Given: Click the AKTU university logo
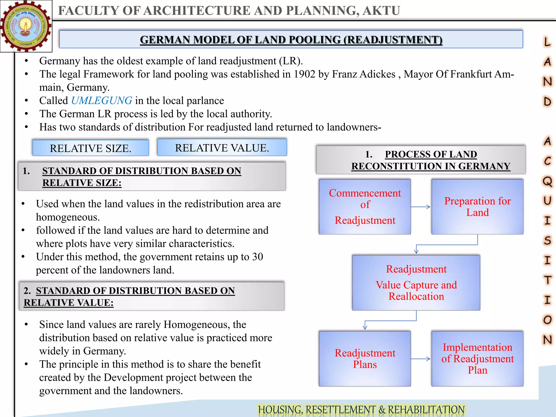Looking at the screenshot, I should coord(26,26).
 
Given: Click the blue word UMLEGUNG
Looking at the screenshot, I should coord(102,101).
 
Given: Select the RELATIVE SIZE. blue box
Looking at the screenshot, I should coord(90,148).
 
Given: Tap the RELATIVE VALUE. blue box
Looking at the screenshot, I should coord(222,147).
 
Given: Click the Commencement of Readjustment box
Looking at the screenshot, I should coord(365,207).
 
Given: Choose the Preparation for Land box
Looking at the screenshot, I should coord(477,207).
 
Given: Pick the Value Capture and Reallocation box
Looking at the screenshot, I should coord(416,283).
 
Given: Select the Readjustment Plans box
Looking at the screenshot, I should coord(365,359).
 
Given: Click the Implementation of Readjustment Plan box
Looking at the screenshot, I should coord(477,359).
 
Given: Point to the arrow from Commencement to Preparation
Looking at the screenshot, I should coord(421,207).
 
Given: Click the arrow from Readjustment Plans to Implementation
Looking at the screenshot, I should coord(421,359).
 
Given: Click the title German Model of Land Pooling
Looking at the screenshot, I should coord(291,40).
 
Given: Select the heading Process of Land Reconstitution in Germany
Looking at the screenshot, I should coord(431,160).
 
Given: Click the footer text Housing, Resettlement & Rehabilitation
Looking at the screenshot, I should coord(361,409).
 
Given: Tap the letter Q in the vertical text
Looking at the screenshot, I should coord(547,181).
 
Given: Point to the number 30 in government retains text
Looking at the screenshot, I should coord(258,257).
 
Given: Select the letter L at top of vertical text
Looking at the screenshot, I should coord(547,42).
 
